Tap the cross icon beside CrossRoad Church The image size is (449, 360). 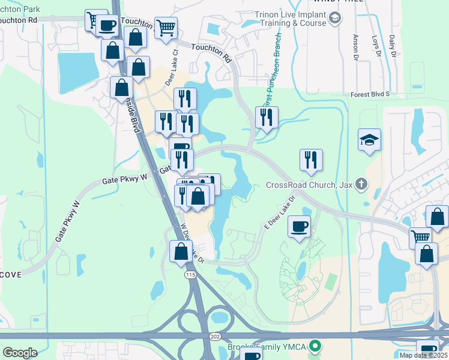(361, 183)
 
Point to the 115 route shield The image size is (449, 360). (190, 274)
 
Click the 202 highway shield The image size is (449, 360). (215, 337)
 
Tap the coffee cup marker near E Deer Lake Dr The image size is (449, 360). (299, 226)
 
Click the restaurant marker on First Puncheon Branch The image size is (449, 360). (267, 116)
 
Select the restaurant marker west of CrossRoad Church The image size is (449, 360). (311, 160)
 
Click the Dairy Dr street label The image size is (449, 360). (393, 46)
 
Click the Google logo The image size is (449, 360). (20, 353)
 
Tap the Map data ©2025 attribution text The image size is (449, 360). (423, 355)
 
